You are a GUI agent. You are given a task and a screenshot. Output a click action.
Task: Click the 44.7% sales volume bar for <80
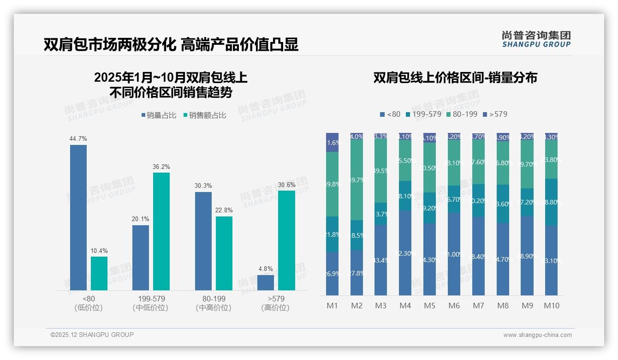78,217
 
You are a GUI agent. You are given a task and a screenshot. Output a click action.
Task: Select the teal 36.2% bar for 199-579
161,231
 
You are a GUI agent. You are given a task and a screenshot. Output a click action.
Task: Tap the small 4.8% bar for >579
266,282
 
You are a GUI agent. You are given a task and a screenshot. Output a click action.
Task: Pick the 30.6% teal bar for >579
286,240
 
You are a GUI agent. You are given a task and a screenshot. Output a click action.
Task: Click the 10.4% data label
99,251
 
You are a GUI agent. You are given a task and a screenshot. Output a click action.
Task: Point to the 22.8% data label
224,210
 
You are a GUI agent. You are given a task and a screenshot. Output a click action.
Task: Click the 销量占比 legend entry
158,115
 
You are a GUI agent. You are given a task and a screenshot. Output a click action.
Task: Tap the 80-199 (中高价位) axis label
214,303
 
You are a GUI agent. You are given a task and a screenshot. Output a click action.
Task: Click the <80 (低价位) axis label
89,303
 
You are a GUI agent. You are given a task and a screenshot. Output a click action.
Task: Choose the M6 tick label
454,306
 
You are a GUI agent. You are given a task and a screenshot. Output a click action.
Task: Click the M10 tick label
551,306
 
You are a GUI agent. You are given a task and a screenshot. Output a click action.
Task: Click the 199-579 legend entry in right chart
423,114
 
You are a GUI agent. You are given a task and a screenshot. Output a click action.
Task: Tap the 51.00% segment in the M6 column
454,254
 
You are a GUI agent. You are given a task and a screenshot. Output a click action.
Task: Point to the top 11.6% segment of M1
332,142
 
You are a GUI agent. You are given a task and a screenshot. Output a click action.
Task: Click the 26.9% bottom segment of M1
332,273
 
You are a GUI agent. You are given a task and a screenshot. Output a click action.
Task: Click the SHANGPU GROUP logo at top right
536,39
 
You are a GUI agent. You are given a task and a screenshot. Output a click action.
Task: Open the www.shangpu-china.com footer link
537,335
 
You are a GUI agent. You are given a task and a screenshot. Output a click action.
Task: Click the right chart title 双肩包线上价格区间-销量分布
455,78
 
